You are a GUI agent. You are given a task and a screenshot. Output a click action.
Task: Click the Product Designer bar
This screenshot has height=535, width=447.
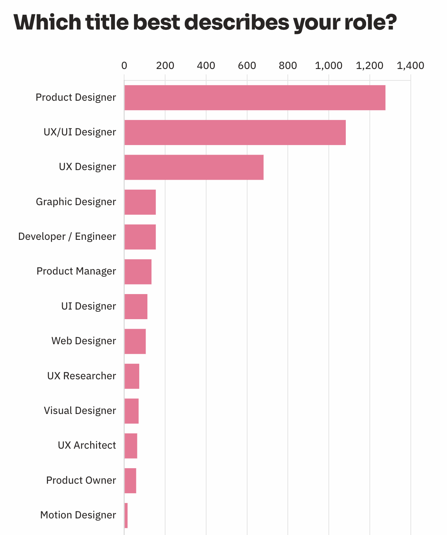pos(255,98)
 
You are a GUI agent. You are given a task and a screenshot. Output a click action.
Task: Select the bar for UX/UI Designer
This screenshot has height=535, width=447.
pos(235,132)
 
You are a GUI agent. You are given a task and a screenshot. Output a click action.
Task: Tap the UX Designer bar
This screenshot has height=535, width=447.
pos(194,167)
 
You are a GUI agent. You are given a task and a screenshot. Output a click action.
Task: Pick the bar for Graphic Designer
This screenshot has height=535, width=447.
pos(140,202)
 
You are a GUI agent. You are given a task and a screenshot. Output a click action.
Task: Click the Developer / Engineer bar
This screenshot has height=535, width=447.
pos(140,237)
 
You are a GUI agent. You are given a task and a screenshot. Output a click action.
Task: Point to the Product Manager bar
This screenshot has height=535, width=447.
pos(138,272)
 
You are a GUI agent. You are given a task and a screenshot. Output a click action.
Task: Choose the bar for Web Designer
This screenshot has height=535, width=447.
pos(135,341)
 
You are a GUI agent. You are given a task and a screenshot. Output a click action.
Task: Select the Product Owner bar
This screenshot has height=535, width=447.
pos(130,480)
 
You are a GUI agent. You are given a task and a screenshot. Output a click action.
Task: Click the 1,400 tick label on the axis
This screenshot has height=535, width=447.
pos(410,66)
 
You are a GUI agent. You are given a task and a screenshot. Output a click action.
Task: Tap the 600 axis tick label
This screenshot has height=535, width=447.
pos(247,66)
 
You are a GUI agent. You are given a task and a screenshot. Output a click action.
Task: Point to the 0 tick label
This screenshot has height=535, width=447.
pos(124,66)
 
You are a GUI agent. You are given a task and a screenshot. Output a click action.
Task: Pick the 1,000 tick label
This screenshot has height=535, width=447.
pos(328,66)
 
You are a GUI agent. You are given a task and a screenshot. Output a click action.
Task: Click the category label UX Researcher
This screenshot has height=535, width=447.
pos(82,376)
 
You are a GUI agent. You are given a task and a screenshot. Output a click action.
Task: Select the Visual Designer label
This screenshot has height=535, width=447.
pos(80,411)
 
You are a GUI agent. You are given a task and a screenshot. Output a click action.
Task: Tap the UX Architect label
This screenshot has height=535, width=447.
pos(87,445)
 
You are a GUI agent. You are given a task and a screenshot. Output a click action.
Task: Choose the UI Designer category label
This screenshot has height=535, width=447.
pos(89,306)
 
